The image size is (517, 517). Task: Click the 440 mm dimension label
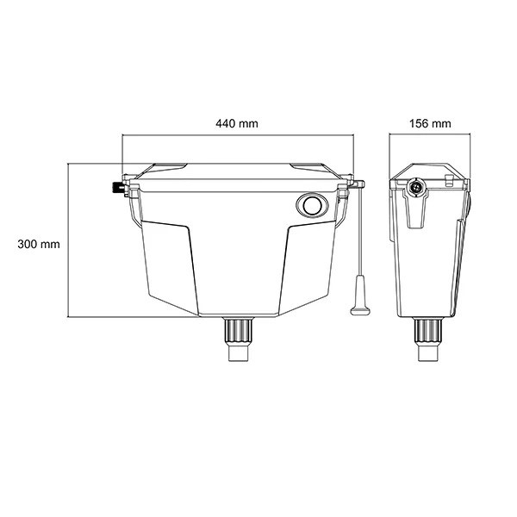tap(237, 123)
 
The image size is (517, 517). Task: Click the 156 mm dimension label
tap(430, 123)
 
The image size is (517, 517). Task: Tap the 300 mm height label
tap(39, 245)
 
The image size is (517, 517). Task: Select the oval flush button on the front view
tap(312, 205)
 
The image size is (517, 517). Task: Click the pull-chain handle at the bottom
tap(360, 296)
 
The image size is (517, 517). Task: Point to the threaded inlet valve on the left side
tap(118, 189)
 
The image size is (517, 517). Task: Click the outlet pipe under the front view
tap(239, 339)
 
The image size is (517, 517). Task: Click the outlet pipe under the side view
tap(427, 339)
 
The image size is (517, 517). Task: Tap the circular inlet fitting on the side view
tap(415, 188)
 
